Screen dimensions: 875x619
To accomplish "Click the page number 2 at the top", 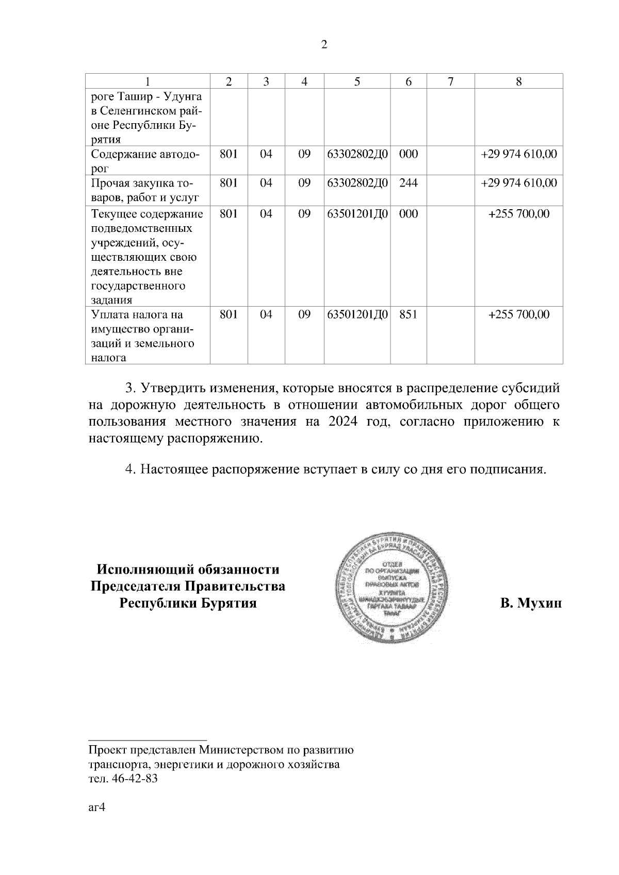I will point(324,45).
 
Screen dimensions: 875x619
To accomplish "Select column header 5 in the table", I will point(357,81).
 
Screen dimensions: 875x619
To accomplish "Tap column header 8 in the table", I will point(518,81).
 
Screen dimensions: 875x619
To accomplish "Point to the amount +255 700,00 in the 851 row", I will point(518,314).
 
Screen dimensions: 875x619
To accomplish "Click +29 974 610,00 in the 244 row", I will point(518,183).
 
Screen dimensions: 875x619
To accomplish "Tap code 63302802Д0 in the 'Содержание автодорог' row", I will point(357,154).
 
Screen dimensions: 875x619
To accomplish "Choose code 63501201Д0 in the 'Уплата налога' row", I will point(357,314).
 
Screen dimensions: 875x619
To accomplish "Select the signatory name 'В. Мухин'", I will point(530,603).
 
